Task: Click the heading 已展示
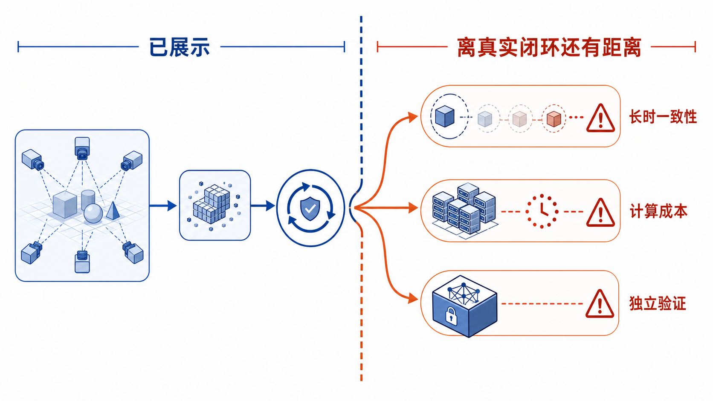click(x=180, y=47)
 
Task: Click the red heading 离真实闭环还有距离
click(x=549, y=47)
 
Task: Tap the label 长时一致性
click(x=663, y=117)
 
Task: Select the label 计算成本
click(x=658, y=211)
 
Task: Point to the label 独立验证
click(x=658, y=303)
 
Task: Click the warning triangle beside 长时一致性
click(x=600, y=118)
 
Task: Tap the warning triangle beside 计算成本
click(x=600, y=212)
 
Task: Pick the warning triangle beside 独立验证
click(x=600, y=304)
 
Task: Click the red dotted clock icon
click(x=542, y=211)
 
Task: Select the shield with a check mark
click(x=310, y=208)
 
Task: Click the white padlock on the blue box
click(x=451, y=315)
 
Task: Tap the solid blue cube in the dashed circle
click(x=445, y=116)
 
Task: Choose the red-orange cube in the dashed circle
click(x=554, y=118)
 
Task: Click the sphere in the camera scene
click(x=93, y=213)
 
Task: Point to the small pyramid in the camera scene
click(x=113, y=210)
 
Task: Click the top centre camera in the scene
click(x=82, y=148)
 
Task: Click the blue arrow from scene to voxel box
click(x=163, y=206)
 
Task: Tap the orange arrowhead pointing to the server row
click(x=413, y=208)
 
